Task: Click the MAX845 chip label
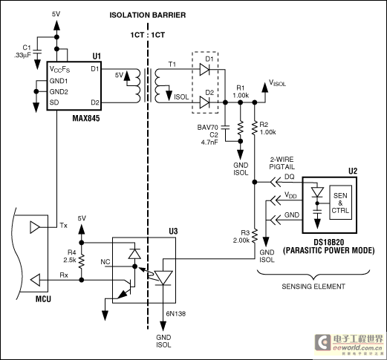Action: click(x=86, y=118)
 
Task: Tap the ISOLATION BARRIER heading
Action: click(x=148, y=15)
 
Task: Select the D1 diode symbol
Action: click(x=204, y=70)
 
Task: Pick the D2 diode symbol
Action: click(x=204, y=102)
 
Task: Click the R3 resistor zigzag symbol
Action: click(x=255, y=236)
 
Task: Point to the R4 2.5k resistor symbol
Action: click(x=82, y=261)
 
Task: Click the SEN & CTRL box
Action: click(x=340, y=203)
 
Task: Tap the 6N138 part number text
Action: click(x=176, y=314)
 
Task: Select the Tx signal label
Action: click(x=63, y=226)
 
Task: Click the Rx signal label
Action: click(x=64, y=275)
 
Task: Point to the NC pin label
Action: click(x=105, y=262)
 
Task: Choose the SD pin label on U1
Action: click(x=54, y=102)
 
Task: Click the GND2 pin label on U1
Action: click(x=59, y=92)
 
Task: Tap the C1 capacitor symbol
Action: click(x=37, y=53)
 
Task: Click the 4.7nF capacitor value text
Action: click(x=209, y=143)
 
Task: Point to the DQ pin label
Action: click(x=290, y=177)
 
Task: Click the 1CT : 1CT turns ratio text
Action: click(x=148, y=35)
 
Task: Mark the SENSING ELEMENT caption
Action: click(x=313, y=287)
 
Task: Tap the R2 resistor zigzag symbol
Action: click(x=255, y=128)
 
